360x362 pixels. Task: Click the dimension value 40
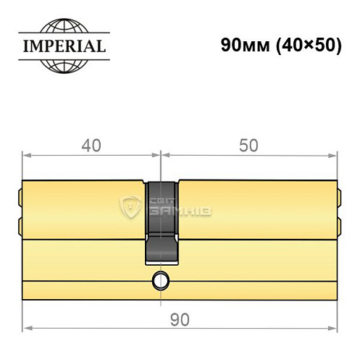91,145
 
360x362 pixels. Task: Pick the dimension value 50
248,145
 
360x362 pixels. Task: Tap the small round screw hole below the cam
159,279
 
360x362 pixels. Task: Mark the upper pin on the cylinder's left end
19,195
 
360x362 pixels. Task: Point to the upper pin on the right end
338,195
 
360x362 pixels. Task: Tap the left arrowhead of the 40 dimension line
26,154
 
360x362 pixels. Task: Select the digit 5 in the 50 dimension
243,145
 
